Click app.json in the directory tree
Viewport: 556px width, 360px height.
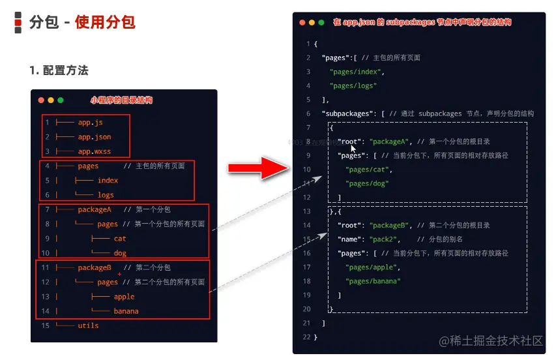point(95,137)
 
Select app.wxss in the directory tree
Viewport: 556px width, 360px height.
point(95,151)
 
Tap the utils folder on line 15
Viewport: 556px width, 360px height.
point(88,325)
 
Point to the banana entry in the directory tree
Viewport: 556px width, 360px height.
point(126,311)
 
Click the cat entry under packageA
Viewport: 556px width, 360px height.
point(120,239)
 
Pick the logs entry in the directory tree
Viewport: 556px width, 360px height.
point(106,194)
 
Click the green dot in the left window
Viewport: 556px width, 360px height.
point(61,100)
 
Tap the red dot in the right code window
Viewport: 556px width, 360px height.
point(302,22)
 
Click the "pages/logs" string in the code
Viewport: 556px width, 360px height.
point(353,85)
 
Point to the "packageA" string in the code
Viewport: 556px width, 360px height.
point(388,142)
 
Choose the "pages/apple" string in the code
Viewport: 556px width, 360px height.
point(373,267)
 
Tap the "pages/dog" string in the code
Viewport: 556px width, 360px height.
point(368,183)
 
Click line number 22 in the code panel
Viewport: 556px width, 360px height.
point(306,337)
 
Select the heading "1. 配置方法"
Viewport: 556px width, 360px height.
point(59,70)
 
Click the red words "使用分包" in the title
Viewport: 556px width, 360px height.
point(105,23)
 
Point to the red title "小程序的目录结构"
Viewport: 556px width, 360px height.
point(121,100)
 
